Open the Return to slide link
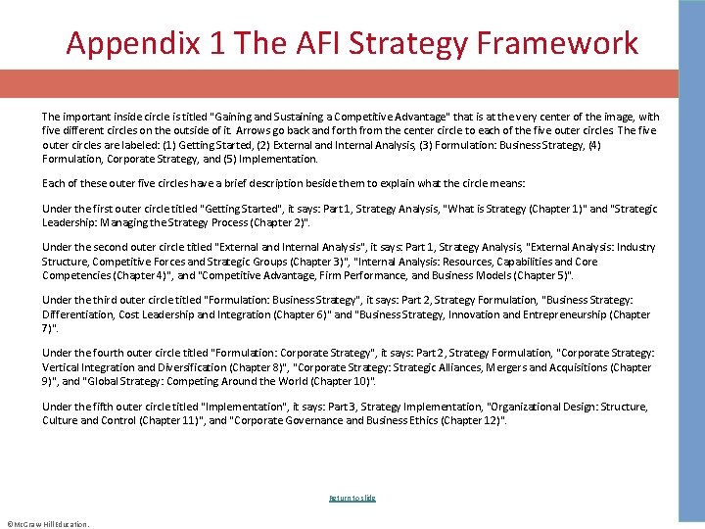(x=352, y=498)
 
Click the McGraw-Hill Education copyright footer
(x=47, y=523)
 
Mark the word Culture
(x=62, y=420)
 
